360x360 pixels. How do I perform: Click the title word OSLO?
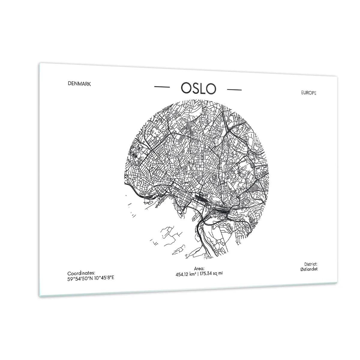click(x=198, y=88)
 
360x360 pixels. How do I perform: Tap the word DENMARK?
click(x=79, y=84)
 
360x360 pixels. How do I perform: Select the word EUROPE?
click(x=309, y=93)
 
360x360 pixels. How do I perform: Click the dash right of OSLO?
click(x=234, y=89)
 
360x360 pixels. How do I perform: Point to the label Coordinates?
click(x=81, y=273)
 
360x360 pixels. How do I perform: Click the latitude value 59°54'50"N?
click(x=79, y=278)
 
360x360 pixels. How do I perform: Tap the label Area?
click(x=199, y=269)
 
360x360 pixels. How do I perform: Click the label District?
click(x=310, y=264)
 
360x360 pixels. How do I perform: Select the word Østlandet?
click(x=309, y=269)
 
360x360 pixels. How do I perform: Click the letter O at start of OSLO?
click(x=185, y=88)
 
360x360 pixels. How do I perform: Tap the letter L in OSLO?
click(x=203, y=88)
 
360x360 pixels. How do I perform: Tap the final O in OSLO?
click(x=211, y=88)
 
